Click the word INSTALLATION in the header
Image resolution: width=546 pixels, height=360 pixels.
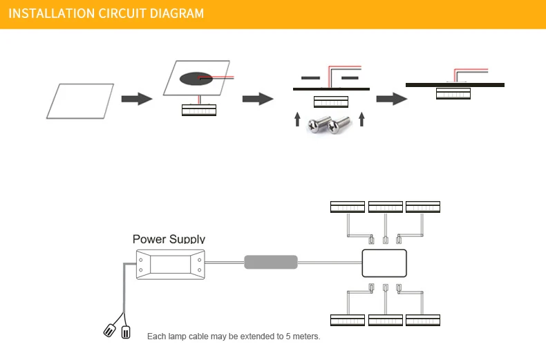point(52,14)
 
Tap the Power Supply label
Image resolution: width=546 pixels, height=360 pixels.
point(169,239)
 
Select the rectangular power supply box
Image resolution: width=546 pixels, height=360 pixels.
point(170,264)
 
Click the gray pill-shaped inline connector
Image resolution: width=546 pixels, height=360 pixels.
point(271,262)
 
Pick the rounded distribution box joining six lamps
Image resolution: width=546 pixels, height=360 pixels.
point(384,263)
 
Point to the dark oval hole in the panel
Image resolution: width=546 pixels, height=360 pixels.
point(196,79)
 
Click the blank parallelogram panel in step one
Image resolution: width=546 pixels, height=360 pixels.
point(80,101)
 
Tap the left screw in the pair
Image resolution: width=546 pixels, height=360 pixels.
point(318,124)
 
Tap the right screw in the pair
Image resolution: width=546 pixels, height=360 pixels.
point(339,125)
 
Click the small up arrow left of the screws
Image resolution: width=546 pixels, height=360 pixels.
point(297,119)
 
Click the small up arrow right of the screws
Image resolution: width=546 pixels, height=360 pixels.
point(361,119)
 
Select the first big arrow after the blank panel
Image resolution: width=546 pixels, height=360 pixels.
point(137,99)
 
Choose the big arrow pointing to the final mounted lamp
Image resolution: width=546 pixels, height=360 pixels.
point(392,99)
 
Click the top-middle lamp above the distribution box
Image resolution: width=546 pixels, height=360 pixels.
point(386,207)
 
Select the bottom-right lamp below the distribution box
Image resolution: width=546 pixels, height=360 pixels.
point(423,320)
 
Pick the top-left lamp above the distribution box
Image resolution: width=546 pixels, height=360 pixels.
point(348,207)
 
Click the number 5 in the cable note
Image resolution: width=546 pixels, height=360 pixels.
point(288,337)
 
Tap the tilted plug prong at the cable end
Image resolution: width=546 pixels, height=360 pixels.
point(109,330)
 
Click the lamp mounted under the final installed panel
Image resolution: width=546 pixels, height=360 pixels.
point(453,93)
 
